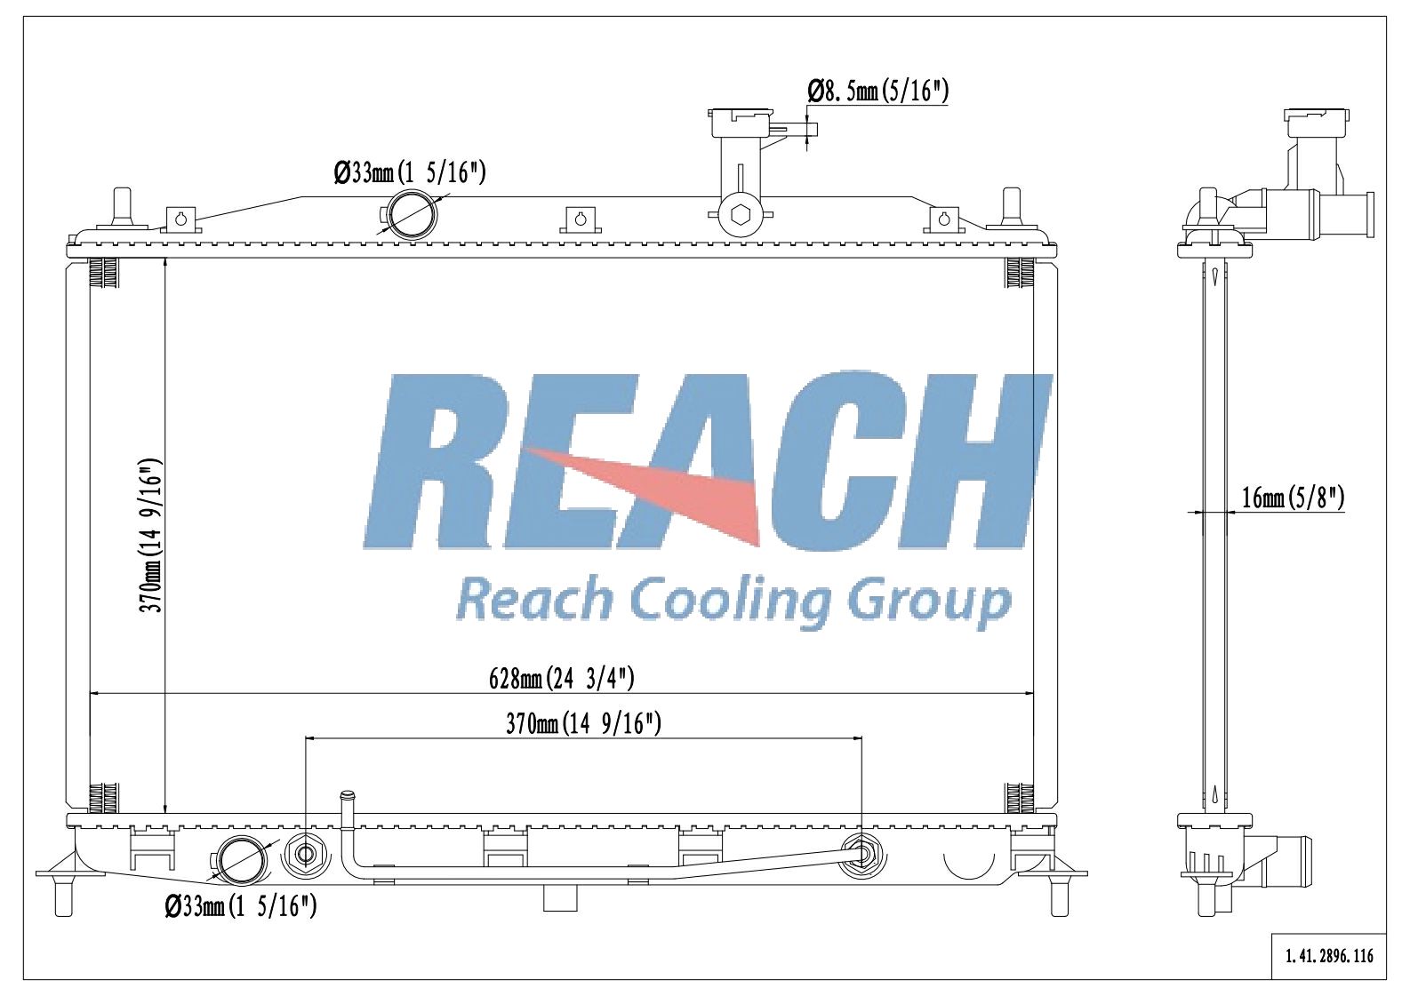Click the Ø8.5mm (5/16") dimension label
[x=878, y=91]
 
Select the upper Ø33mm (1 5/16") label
[x=409, y=172]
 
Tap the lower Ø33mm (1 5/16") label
[x=241, y=906]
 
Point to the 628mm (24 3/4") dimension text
[x=562, y=679]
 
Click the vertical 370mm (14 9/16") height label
[x=152, y=536]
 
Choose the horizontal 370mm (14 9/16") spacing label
[x=583, y=723]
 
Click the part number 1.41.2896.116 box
[x=1329, y=956]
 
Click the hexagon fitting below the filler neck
[x=741, y=214]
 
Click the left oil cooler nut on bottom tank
[x=305, y=855]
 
